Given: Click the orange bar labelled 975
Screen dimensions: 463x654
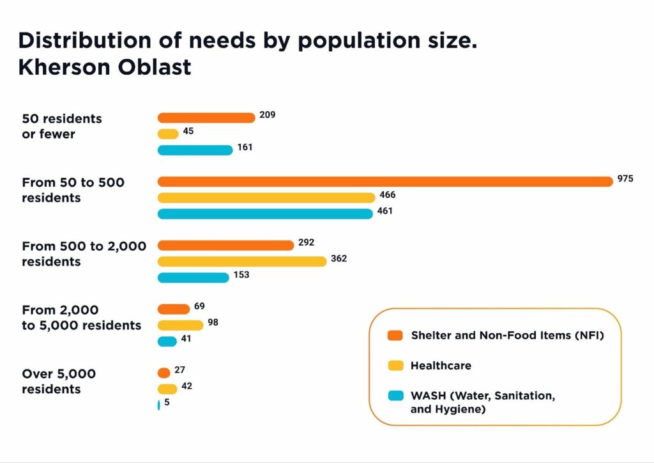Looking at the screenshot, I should click(385, 182).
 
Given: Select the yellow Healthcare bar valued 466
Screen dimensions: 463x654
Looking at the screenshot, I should click(266, 198).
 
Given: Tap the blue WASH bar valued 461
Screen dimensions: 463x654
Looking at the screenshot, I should click(265, 214).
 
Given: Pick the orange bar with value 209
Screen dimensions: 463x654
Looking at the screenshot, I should click(206, 118).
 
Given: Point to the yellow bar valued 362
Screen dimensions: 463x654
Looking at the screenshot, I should click(242, 262).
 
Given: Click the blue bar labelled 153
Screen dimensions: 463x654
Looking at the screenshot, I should click(193, 278).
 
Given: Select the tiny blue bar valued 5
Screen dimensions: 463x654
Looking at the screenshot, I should click(158, 405).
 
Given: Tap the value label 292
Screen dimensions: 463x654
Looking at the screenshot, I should click(307, 243).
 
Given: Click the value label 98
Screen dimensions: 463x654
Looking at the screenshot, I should click(213, 322).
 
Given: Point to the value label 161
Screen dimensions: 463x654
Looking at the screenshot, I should click(245, 147).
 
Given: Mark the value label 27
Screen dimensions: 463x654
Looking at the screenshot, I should click(179, 370).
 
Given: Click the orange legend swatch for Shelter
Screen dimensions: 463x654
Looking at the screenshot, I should click(395, 335).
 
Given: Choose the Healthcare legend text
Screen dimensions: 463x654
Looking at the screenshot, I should click(441, 366).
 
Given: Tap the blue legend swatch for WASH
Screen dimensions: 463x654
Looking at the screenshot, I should click(395, 396).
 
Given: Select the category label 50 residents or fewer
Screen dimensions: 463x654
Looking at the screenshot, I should click(61, 126).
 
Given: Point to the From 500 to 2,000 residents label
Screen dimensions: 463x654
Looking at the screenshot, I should click(84, 254).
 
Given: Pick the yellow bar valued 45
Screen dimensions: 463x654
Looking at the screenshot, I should click(168, 134).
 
